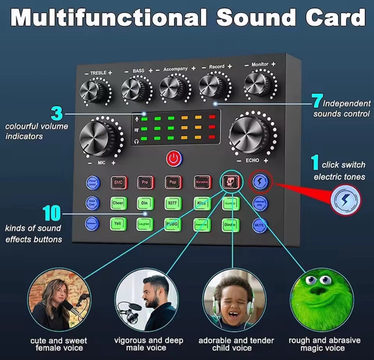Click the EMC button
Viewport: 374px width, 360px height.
tap(118, 182)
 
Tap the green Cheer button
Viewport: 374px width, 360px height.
tap(118, 203)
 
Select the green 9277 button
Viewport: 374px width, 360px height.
tap(173, 203)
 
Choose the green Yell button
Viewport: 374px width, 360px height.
tap(118, 224)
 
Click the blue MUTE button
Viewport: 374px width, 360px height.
tap(259, 225)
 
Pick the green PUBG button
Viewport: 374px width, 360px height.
tap(172, 224)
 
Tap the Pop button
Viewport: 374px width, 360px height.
tap(173, 182)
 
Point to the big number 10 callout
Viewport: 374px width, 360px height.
tap(51, 213)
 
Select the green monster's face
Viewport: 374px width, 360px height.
tap(321, 299)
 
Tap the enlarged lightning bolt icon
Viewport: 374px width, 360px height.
tap(345, 200)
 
